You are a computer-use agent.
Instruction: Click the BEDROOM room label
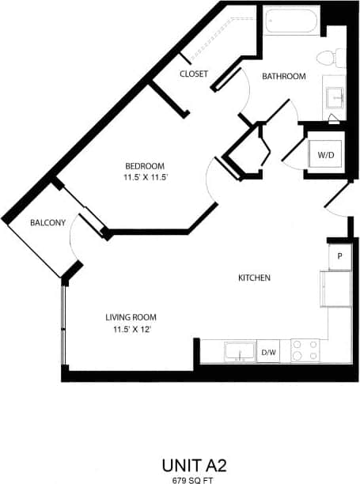pos(145,165)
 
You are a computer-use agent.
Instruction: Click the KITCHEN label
pos(255,278)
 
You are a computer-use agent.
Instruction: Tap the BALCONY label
pos(47,223)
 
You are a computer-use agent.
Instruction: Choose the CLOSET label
pos(194,74)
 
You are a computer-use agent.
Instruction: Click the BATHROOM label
pos(284,77)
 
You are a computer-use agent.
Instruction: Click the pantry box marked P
pos(339,256)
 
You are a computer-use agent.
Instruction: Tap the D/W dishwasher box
pos(269,351)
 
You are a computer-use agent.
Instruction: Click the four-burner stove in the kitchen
pos(305,350)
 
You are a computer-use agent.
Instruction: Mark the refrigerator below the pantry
pos(335,289)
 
